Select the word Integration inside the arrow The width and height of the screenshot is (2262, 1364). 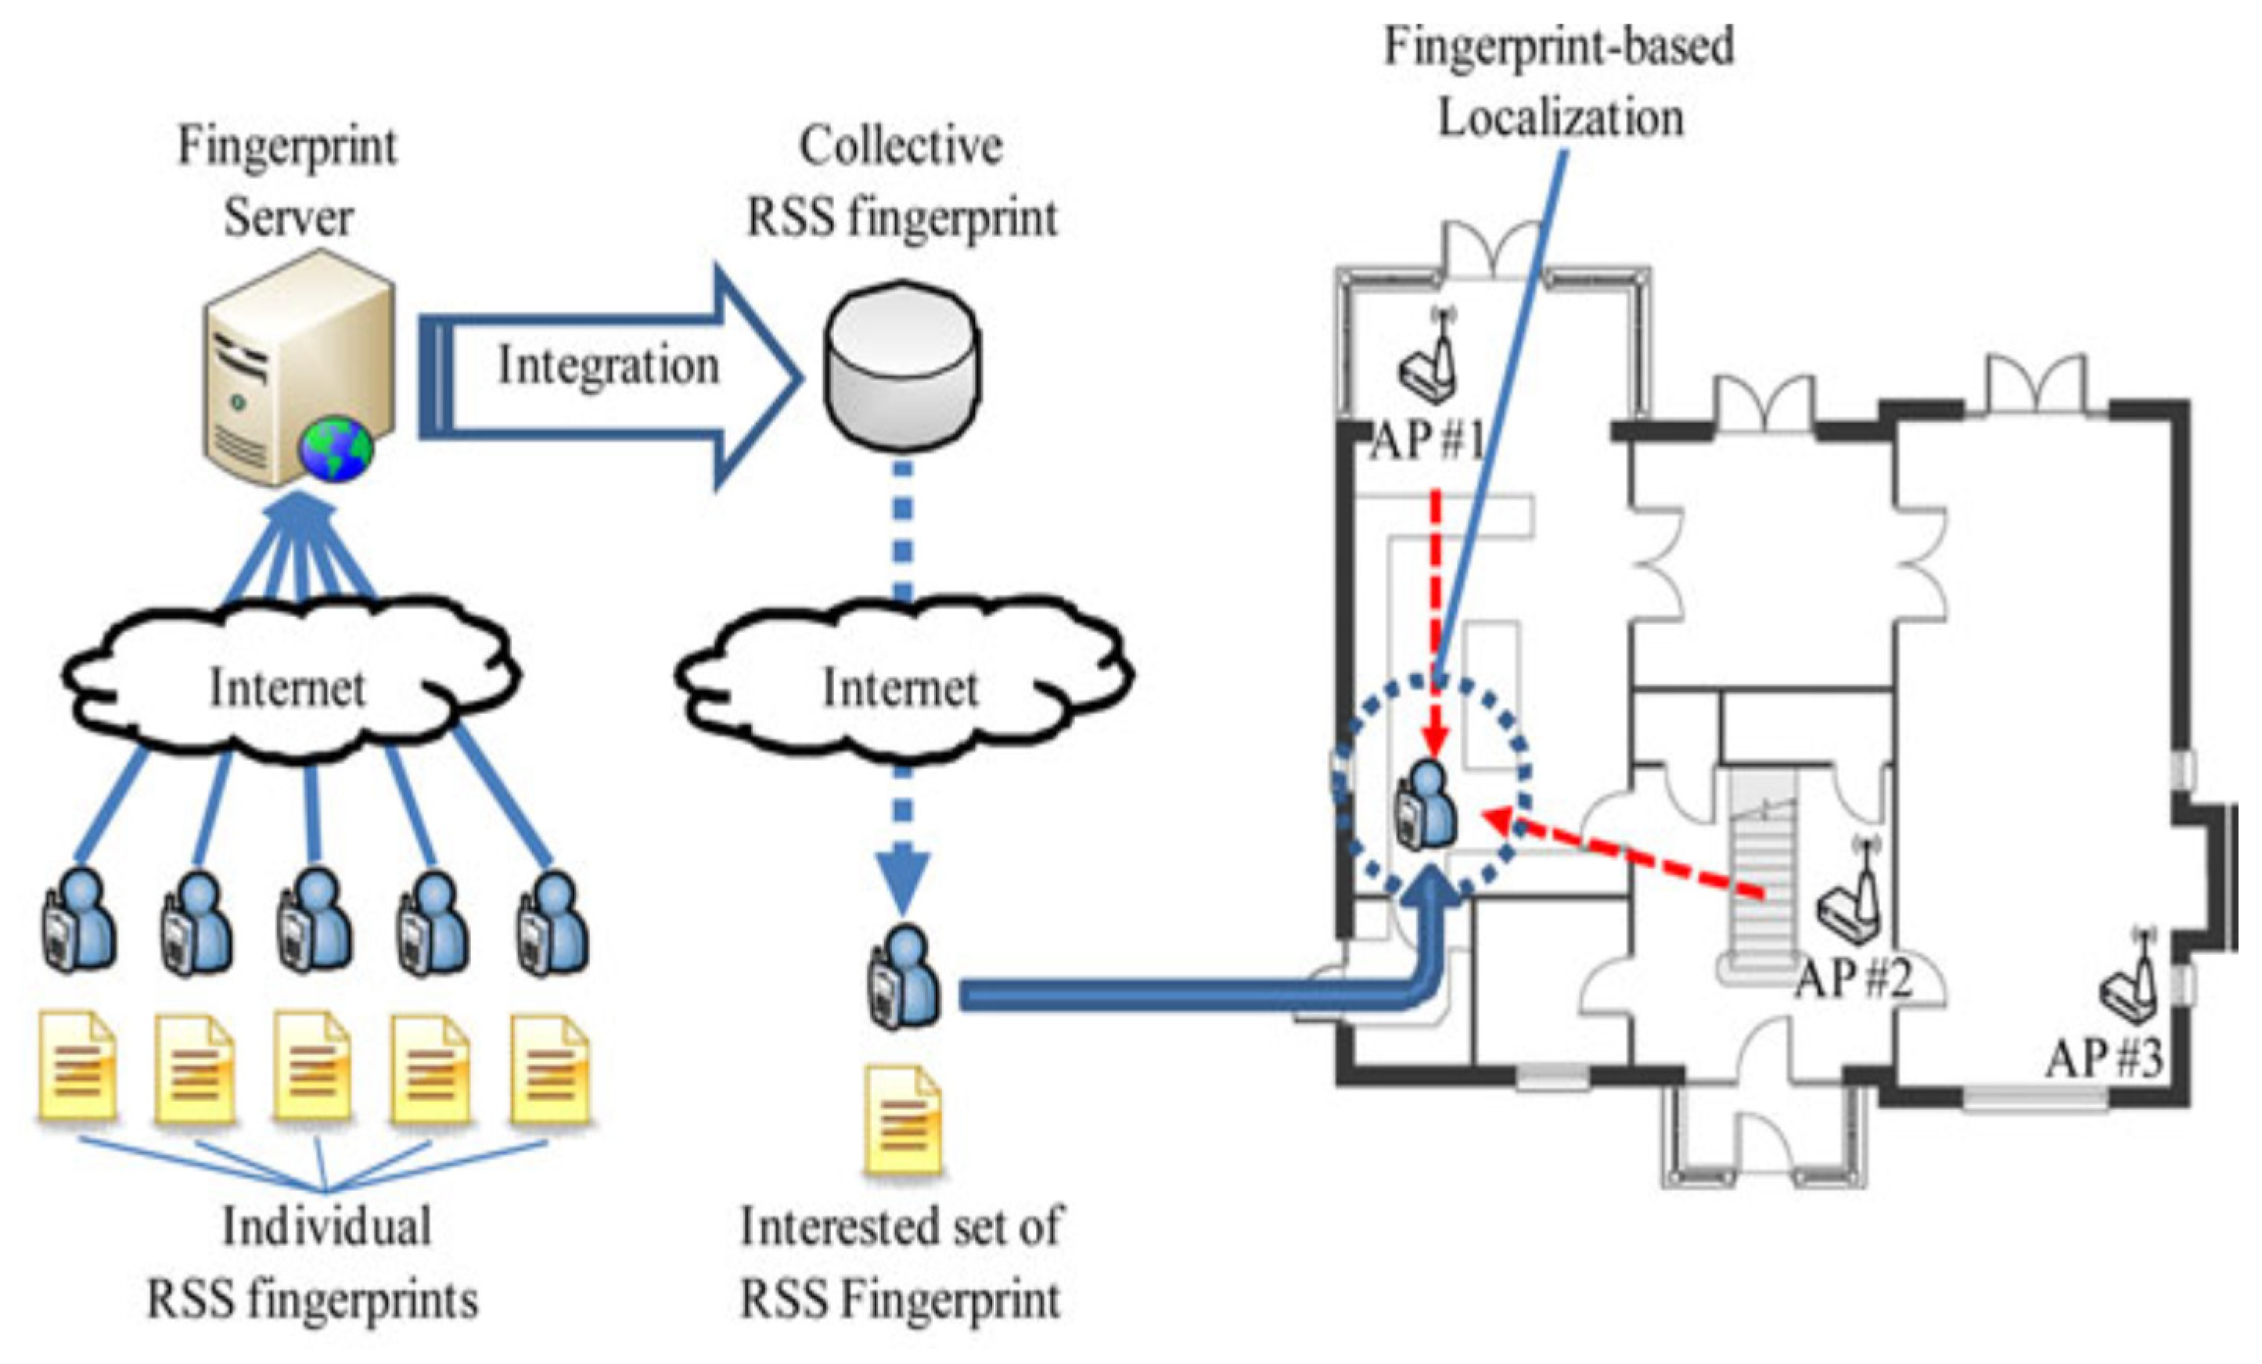pos(608,365)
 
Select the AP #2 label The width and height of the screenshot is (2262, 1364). pos(1854,978)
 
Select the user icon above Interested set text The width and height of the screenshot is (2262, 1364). pos(904,977)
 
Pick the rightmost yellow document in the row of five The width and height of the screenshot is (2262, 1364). pos(551,1068)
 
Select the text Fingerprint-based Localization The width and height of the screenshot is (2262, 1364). pos(1559,83)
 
